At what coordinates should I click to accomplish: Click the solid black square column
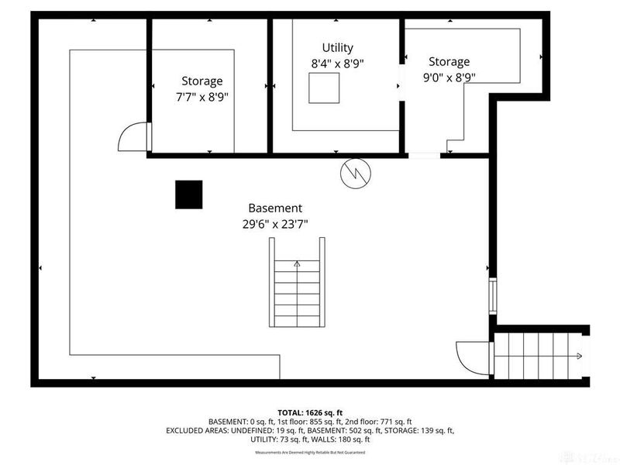point(188,194)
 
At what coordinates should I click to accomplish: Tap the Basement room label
point(275,208)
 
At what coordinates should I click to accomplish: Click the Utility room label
point(338,47)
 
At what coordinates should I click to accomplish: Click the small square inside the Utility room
point(324,88)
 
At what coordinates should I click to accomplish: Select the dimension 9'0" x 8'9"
point(449,77)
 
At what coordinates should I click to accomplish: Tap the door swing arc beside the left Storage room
point(133,138)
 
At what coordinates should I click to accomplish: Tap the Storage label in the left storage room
point(202,81)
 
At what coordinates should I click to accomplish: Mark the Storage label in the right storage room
point(449,62)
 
